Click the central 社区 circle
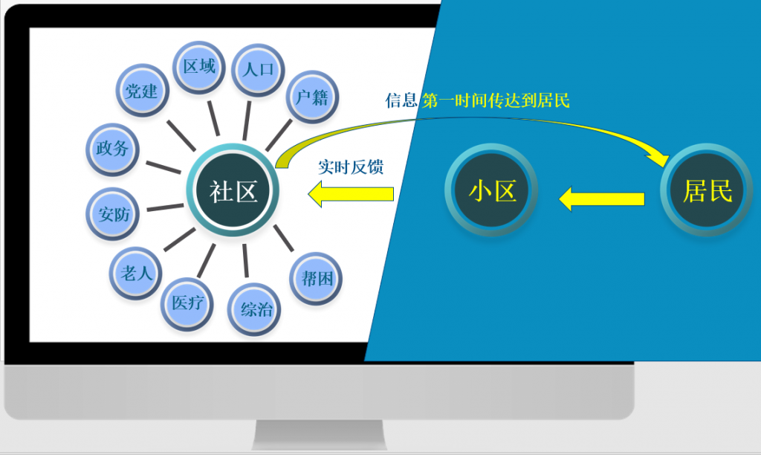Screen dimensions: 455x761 click(x=234, y=192)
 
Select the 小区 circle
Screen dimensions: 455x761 click(x=491, y=192)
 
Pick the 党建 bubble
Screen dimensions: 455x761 click(x=141, y=91)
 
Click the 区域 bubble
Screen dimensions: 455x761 click(x=199, y=67)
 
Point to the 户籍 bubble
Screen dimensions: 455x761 click(x=311, y=97)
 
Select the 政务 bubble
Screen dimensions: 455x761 click(x=112, y=148)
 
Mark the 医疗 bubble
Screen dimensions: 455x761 click(x=187, y=303)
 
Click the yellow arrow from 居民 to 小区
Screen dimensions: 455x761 click(x=602, y=199)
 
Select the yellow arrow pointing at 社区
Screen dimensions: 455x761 click(x=351, y=195)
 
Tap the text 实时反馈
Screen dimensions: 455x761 click(x=351, y=167)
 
